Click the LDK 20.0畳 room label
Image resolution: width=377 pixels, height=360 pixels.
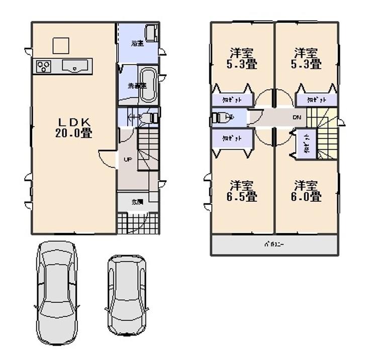point(76,128)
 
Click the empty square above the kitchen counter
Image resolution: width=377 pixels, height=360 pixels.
point(61,45)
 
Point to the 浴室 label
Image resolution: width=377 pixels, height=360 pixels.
point(138,43)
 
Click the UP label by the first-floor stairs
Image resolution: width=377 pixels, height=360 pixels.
point(127,160)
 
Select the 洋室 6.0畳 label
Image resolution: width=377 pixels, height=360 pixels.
point(307,190)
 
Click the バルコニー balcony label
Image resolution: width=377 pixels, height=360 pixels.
point(274,246)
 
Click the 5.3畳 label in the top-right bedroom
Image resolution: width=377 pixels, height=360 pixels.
point(307,58)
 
